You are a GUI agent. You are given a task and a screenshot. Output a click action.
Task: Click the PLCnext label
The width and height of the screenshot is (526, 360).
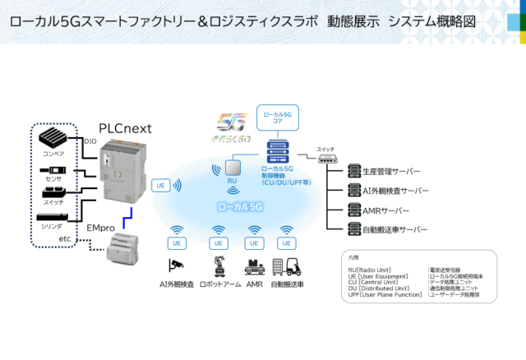(x=126, y=127)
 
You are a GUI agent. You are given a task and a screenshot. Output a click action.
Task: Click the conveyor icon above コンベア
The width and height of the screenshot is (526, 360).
(x=53, y=138)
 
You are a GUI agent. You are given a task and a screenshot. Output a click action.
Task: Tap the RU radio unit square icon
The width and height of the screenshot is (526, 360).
(x=232, y=168)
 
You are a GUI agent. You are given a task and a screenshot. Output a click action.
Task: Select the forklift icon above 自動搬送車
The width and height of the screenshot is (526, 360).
(x=286, y=265)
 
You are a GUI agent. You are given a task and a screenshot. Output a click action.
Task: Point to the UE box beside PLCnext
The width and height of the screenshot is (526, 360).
(x=161, y=186)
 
